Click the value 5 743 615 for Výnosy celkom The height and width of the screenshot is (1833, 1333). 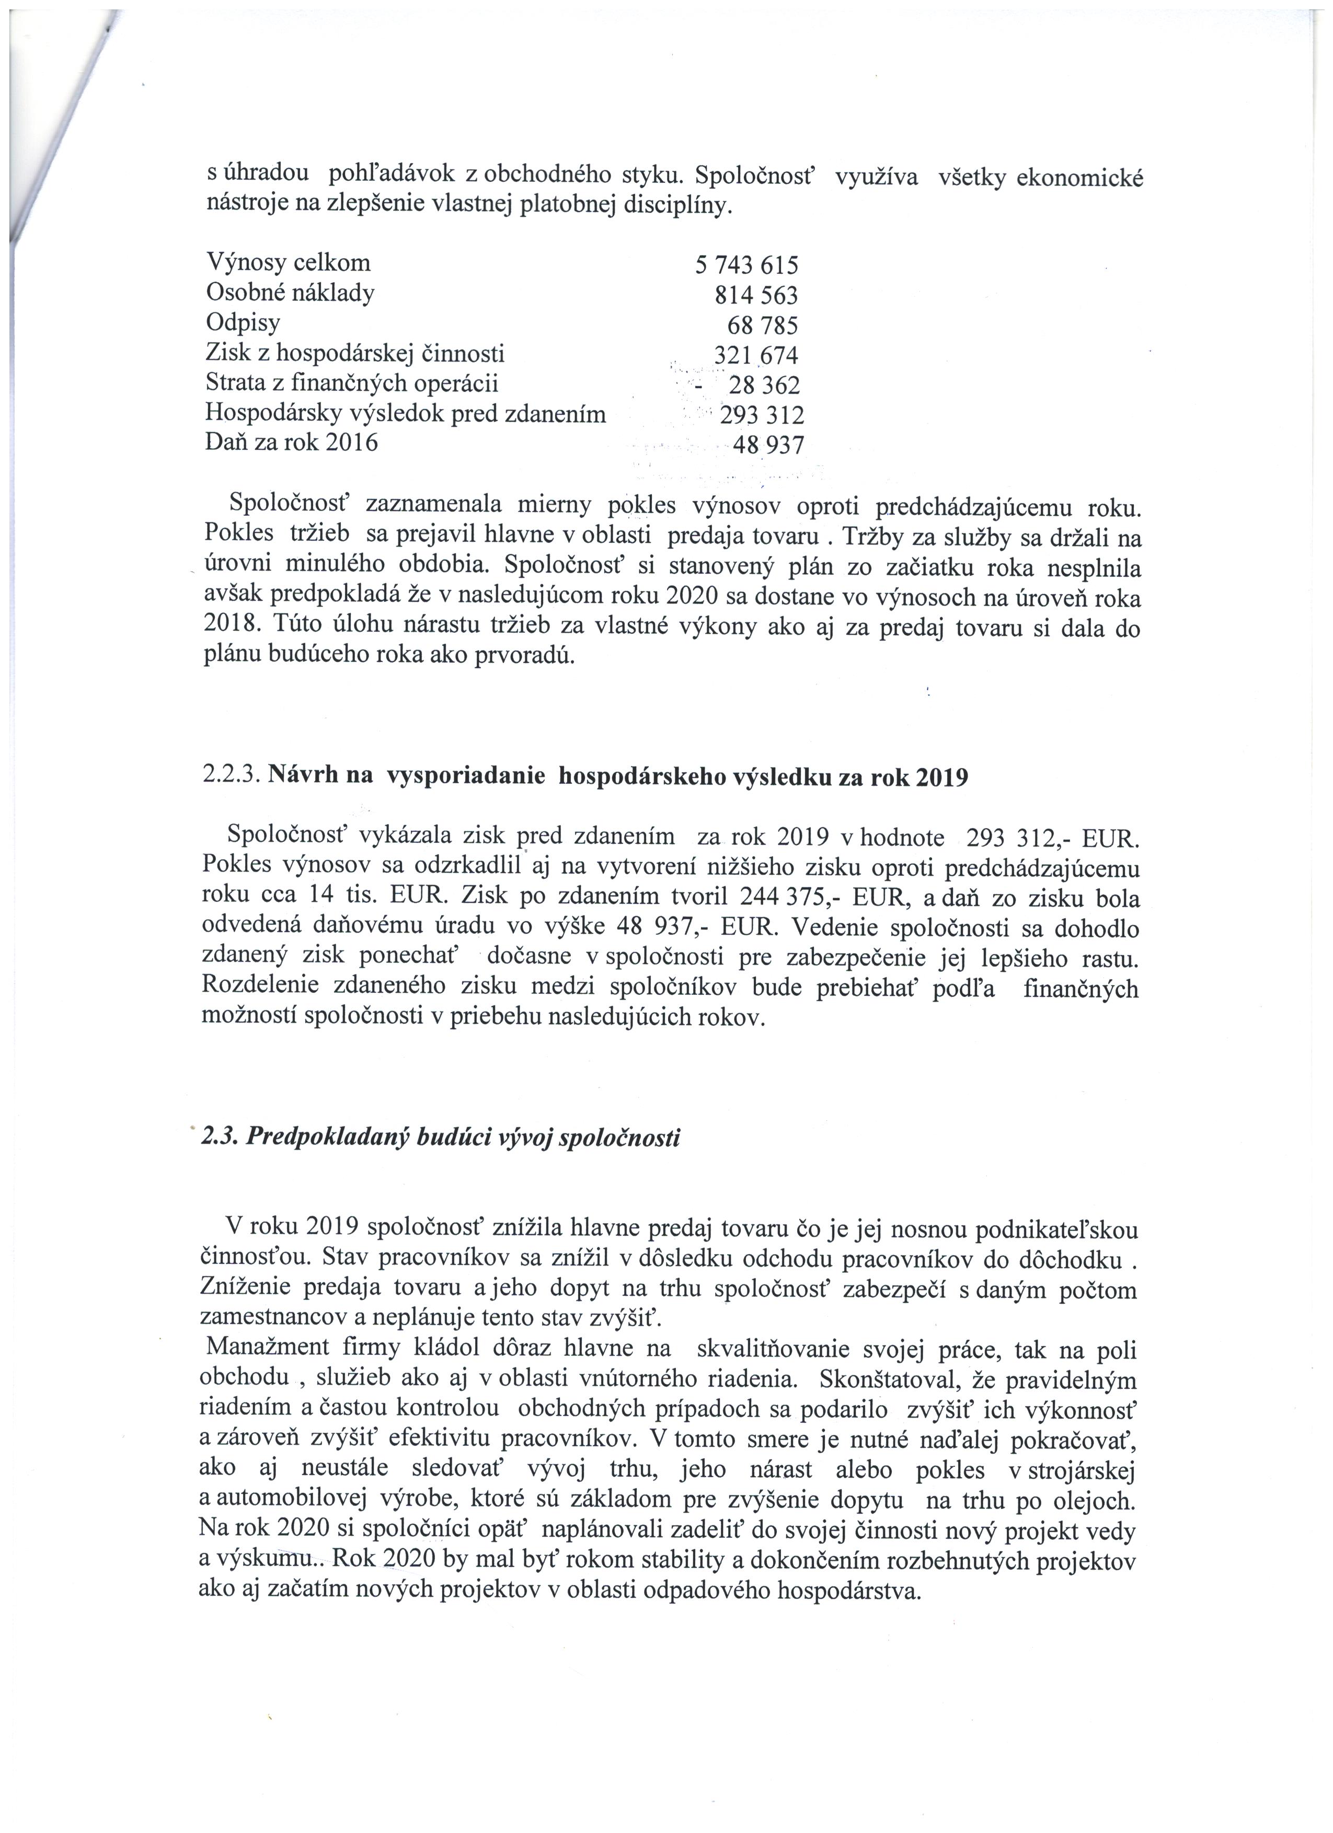[x=746, y=265]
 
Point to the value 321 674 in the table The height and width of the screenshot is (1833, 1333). [x=756, y=355]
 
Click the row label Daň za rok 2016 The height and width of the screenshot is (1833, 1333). [x=292, y=443]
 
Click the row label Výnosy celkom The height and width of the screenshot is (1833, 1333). [x=289, y=263]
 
